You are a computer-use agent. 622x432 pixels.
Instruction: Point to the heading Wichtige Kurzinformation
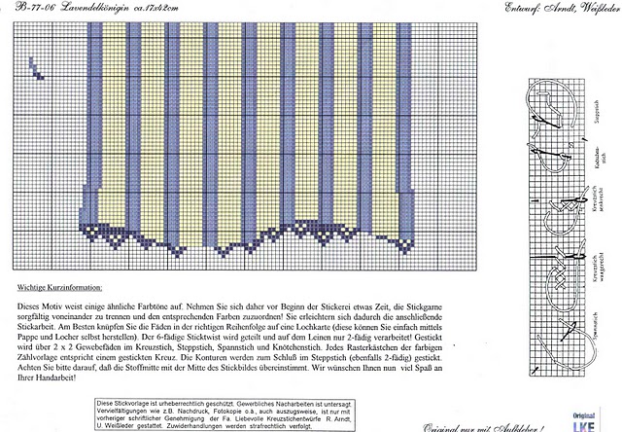click(65, 289)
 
